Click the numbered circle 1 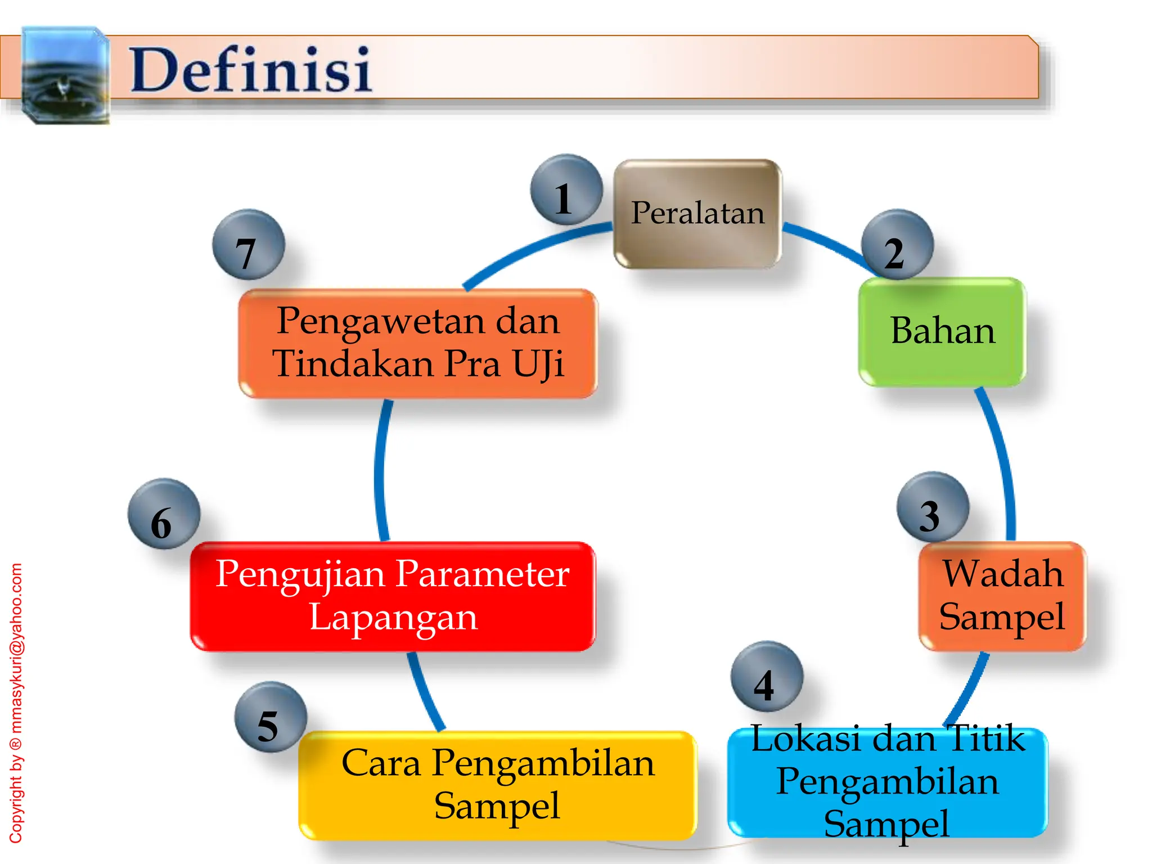[566, 190]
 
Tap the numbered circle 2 [897, 245]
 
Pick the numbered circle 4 [767, 677]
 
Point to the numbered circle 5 [271, 717]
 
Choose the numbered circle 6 [164, 514]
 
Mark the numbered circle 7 [248, 245]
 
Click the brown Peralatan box [697, 214]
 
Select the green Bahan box [942, 331]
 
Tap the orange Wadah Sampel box [1002, 596]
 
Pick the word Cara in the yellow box [381, 763]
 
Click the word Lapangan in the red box [393, 618]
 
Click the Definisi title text [250, 70]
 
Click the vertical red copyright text [16, 703]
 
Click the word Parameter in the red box [483, 574]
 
